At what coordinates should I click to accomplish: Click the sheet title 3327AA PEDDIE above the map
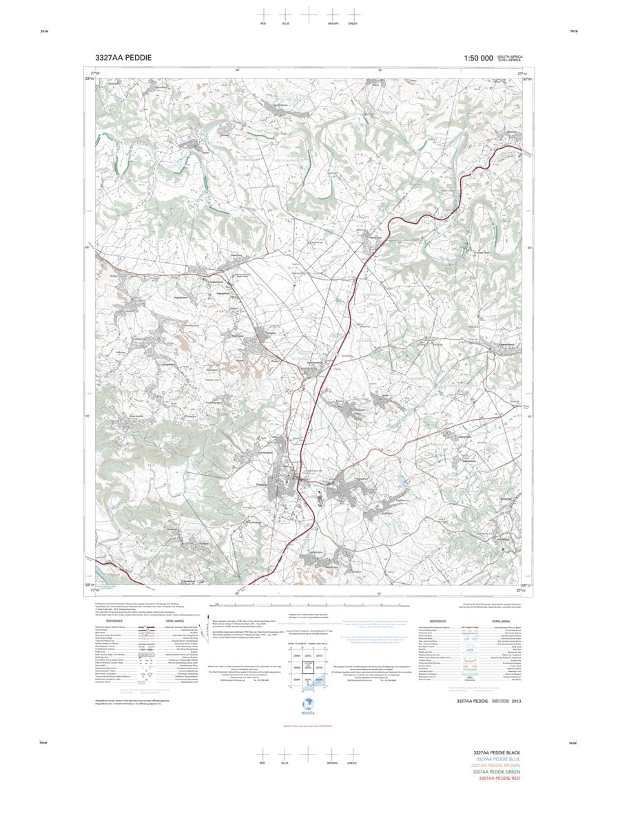coord(124,58)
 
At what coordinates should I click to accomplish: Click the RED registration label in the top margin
coord(262,23)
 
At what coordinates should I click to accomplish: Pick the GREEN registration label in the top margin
coord(353,23)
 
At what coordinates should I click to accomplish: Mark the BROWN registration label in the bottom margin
coord(333,763)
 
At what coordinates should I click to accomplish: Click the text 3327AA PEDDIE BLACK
coord(495,754)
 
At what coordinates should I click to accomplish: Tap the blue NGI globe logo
coord(308,705)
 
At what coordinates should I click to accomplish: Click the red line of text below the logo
coord(308,726)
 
